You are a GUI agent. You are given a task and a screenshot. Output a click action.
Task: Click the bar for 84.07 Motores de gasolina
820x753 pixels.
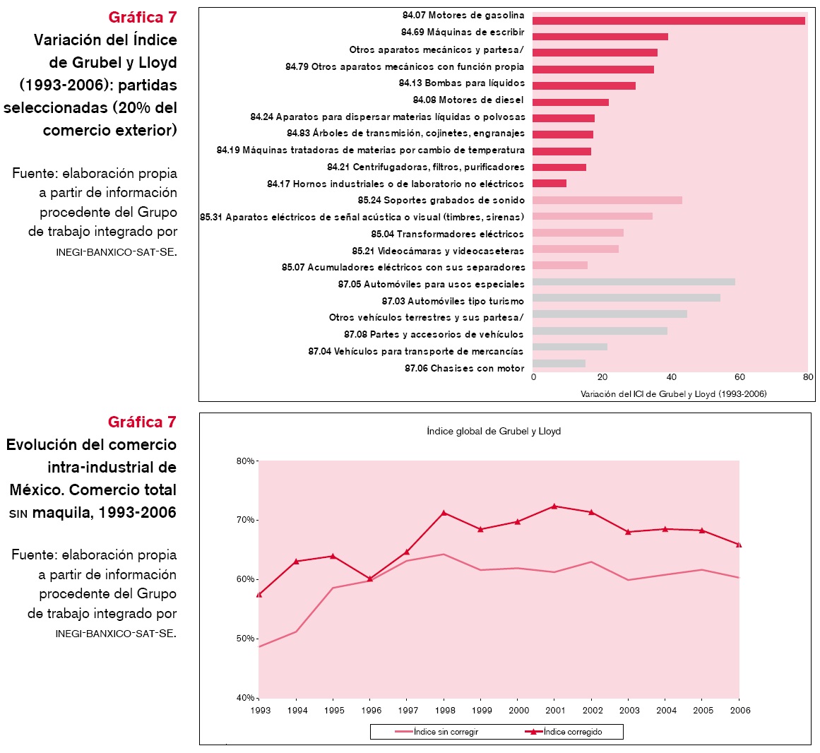point(668,20)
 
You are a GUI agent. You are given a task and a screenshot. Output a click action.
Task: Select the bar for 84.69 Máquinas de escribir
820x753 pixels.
point(600,37)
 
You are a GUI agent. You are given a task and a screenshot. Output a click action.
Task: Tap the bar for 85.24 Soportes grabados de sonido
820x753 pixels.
point(607,200)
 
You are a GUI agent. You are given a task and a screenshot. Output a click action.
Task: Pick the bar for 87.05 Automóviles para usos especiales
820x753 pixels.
point(634,282)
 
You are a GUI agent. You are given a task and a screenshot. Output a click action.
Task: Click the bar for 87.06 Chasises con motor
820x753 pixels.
point(559,363)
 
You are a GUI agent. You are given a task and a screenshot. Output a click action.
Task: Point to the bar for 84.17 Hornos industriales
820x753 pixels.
point(549,184)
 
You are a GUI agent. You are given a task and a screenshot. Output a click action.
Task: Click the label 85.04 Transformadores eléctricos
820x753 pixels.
point(447,234)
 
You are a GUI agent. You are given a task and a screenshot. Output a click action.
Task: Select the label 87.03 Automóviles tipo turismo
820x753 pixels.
point(453,301)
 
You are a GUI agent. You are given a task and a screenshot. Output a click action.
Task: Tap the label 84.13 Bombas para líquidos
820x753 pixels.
point(461,83)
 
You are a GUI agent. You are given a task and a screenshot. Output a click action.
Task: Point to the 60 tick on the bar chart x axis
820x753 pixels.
point(739,377)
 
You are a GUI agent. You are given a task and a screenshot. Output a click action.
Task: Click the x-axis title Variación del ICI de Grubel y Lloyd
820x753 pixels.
point(673,393)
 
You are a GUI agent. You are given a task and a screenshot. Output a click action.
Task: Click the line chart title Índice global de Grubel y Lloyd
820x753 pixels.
point(494,431)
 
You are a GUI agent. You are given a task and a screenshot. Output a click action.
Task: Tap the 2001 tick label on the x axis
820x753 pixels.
point(555,710)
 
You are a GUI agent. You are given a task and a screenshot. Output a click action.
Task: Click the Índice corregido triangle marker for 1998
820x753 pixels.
point(444,513)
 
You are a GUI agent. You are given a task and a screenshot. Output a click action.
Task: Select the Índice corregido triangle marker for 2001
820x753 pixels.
point(554,506)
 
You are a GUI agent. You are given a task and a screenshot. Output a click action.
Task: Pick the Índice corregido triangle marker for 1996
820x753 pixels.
point(370,579)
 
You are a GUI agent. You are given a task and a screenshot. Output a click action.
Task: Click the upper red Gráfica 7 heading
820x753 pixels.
point(142,17)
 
